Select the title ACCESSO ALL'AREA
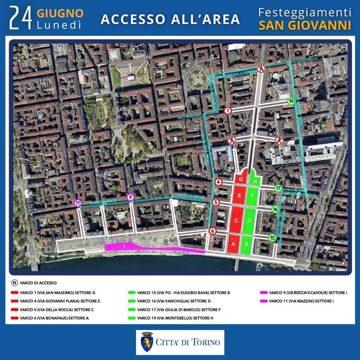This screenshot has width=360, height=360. pos(170,19)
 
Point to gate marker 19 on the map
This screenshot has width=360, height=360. pos(291,102)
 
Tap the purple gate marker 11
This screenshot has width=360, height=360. pos(77,203)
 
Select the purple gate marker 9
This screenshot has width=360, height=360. pos(130,197)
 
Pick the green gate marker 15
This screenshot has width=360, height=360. pos(272,238)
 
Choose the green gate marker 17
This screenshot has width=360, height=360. pos(278,188)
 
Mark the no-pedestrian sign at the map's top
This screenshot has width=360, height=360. pos(261,69)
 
